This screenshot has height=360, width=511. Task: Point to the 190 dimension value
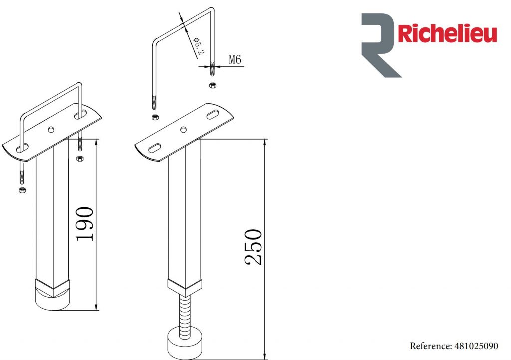(x=85, y=224)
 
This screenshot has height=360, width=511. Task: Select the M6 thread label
(x=235, y=60)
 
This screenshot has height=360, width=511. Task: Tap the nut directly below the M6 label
(x=212, y=85)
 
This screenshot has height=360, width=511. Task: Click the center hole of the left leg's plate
(x=51, y=130)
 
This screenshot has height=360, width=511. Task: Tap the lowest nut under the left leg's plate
(x=21, y=191)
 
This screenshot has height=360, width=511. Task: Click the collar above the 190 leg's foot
(x=53, y=285)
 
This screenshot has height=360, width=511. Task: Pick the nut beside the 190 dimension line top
(x=79, y=159)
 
